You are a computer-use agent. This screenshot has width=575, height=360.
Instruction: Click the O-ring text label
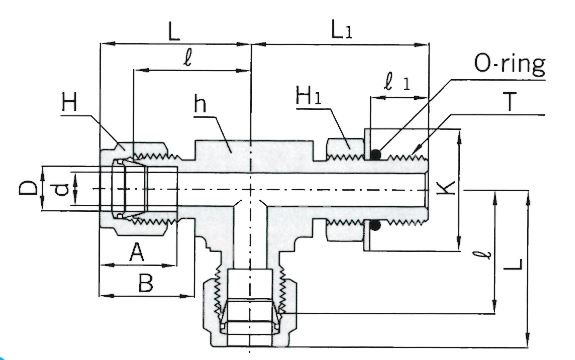510,65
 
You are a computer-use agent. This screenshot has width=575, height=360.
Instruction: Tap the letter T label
510,102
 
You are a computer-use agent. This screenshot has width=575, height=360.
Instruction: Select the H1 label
309,96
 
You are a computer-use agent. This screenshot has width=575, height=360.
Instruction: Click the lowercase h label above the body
200,103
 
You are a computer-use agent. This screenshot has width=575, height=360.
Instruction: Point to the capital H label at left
70,102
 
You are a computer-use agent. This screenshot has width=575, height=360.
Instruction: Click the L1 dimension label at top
341,30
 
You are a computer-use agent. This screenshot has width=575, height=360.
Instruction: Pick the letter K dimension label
447,187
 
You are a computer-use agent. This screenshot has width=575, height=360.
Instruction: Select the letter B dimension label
146,283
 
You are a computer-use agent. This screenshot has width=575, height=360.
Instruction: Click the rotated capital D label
29,188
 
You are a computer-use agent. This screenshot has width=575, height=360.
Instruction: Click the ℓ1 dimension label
397,82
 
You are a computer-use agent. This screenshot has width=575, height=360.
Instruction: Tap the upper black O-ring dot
375,154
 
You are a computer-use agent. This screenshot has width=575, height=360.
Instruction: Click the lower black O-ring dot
375,225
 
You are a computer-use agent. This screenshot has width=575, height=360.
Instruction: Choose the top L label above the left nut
174,31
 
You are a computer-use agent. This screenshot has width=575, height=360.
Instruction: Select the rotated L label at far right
513,264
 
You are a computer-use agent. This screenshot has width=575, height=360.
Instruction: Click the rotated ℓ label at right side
486,254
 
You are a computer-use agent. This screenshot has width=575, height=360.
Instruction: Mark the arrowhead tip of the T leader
412,154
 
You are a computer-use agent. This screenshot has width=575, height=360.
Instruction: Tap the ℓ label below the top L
188,58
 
